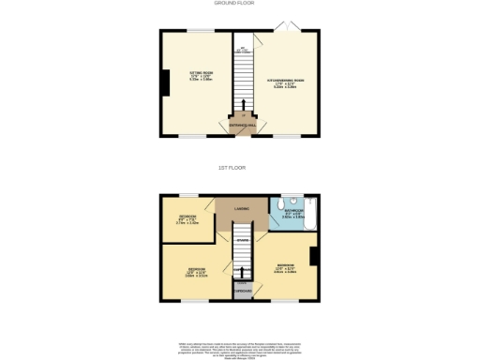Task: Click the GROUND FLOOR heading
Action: tap(240, 4)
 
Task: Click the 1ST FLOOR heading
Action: tap(240, 169)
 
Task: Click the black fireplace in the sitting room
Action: tap(165, 84)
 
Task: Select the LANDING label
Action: tap(241, 208)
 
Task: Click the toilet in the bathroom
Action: tap(292, 201)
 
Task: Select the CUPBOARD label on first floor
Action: tap(243, 290)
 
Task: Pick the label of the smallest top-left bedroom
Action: tap(187, 219)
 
